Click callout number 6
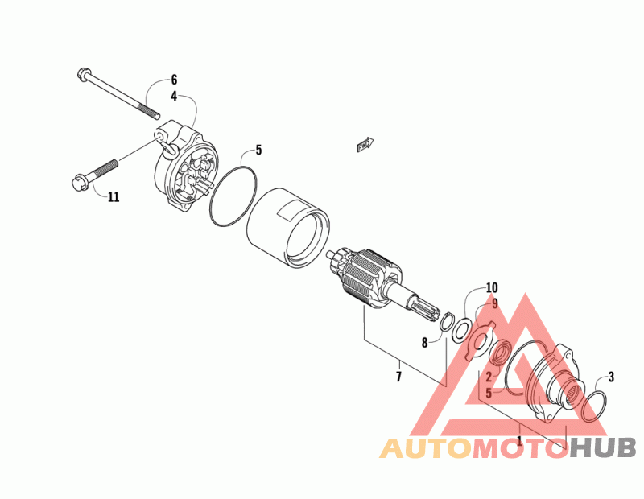pyautogui.click(x=173, y=80)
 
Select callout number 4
pyautogui.click(x=173, y=95)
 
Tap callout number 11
pyautogui.click(x=114, y=196)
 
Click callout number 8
pyautogui.click(x=424, y=343)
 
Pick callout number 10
pyautogui.click(x=492, y=287)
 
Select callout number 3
pyautogui.click(x=611, y=376)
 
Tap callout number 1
pyautogui.click(x=520, y=441)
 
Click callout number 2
pyautogui.click(x=488, y=377)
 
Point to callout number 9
pyautogui.click(x=495, y=303)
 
